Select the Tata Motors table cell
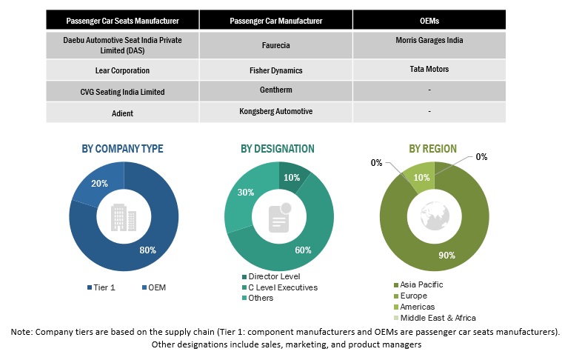pyautogui.click(x=430, y=69)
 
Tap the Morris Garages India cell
pyautogui.click(x=430, y=40)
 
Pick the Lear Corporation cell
pyautogui.click(x=122, y=70)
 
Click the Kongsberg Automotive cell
pyautogui.click(x=276, y=111)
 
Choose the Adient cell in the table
pyautogui.click(x=122, y=113)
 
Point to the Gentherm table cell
pyautogui.click(x=276, y=90)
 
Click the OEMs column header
pyautogui.click(x=430, y=20)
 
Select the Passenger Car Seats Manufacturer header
pyautogui.click(x=122, y=20)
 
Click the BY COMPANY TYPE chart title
pyautogui.click(x=122, y=149)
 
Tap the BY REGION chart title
pyautogui.click(x=432, y=149)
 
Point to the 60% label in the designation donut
pyautogui.click(x=302, y=250)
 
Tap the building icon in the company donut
pyautogui.click(x=123, y=217)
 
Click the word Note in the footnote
pyautogui.click(x=22, y=332)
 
